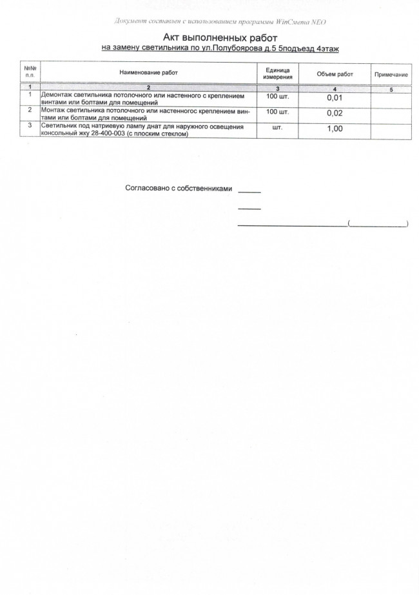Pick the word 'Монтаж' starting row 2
coord(54,110)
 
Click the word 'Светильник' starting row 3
coord(60,126)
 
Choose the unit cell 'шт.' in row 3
coord(278,127)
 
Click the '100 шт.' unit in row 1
coord(278,96)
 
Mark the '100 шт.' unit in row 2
coord(278,111)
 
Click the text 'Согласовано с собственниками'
coord(177,188)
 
